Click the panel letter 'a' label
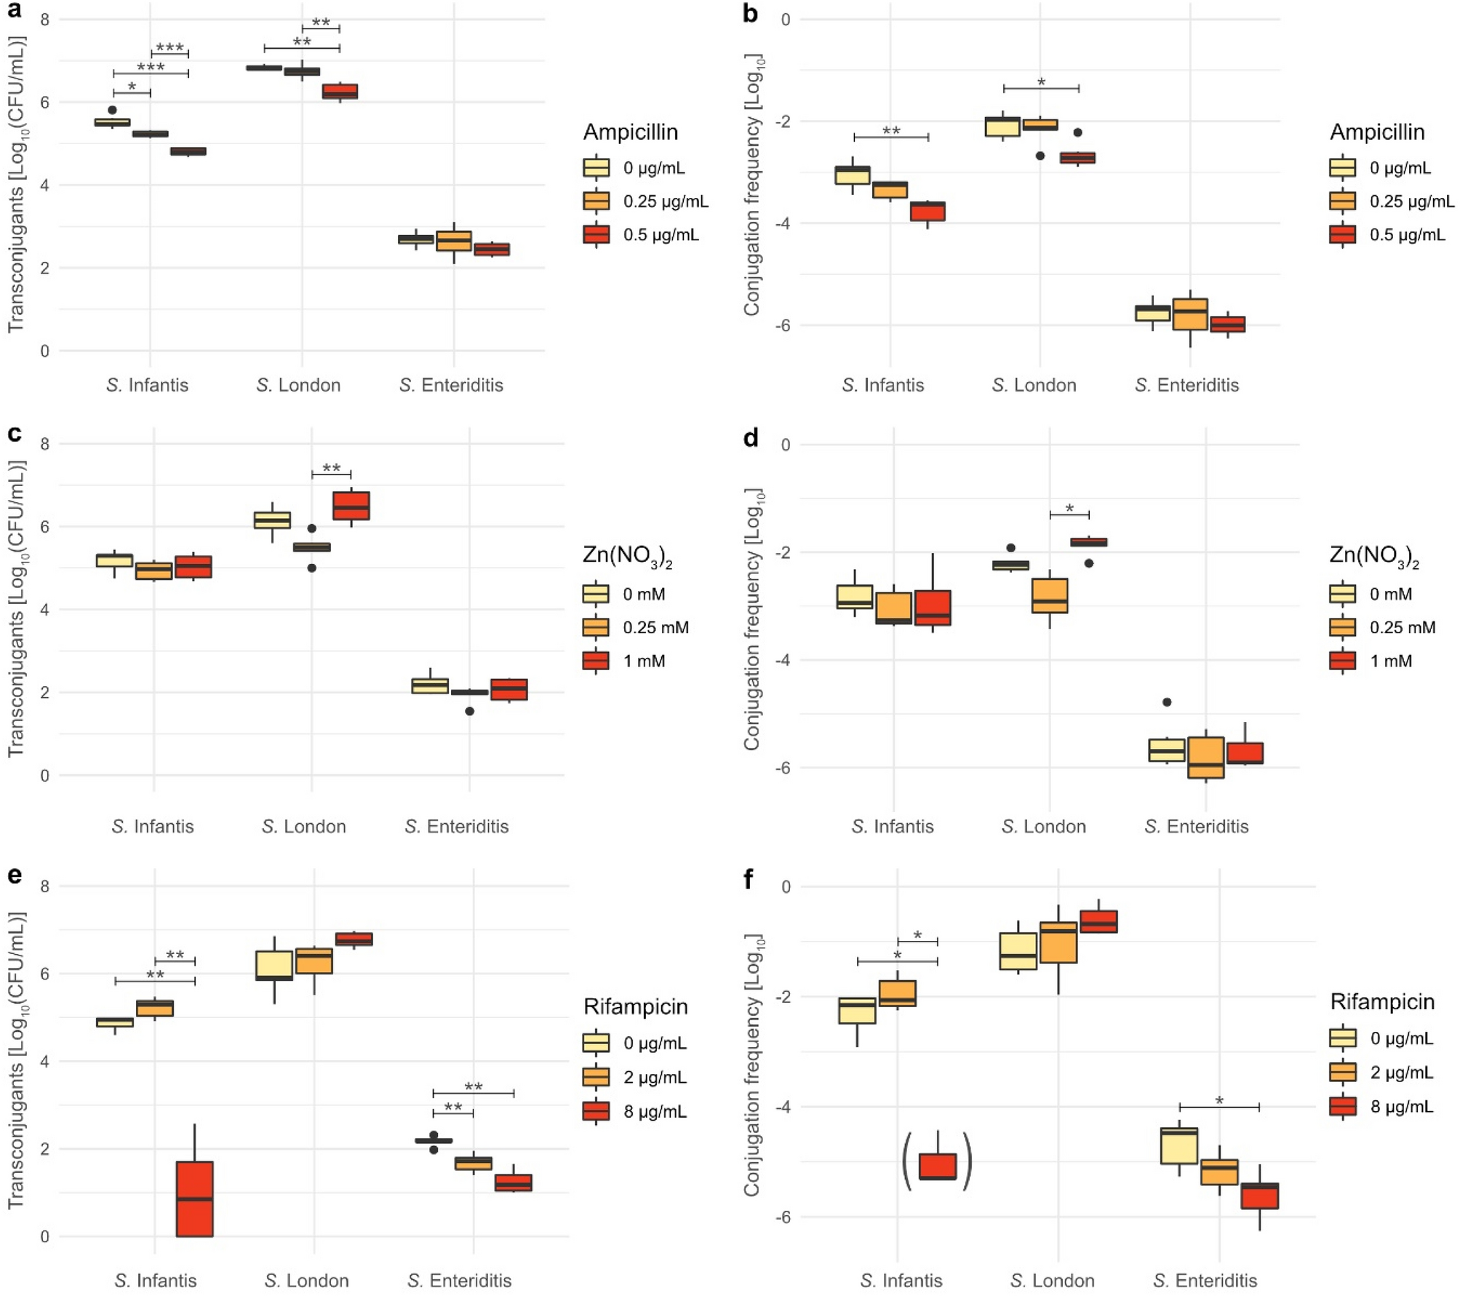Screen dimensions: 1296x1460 14,11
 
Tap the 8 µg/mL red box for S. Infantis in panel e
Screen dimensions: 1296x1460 195,1198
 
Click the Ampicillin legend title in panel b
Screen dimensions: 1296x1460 1377,132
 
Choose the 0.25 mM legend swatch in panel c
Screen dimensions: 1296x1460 596,627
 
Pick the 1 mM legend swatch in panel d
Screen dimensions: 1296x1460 1342,661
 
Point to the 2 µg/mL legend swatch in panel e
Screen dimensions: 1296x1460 596,1077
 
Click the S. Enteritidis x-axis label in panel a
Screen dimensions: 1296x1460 451,385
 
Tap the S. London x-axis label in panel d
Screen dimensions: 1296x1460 1043,826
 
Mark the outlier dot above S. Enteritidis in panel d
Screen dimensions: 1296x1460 1167,702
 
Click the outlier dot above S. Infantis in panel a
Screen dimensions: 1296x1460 112,110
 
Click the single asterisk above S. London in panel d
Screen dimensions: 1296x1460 1069,509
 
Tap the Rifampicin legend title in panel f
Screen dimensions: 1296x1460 1382,1002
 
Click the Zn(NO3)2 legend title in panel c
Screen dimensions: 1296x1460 627,556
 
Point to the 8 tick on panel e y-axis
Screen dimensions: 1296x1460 45,886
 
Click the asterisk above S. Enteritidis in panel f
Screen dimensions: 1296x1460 1219,1101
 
